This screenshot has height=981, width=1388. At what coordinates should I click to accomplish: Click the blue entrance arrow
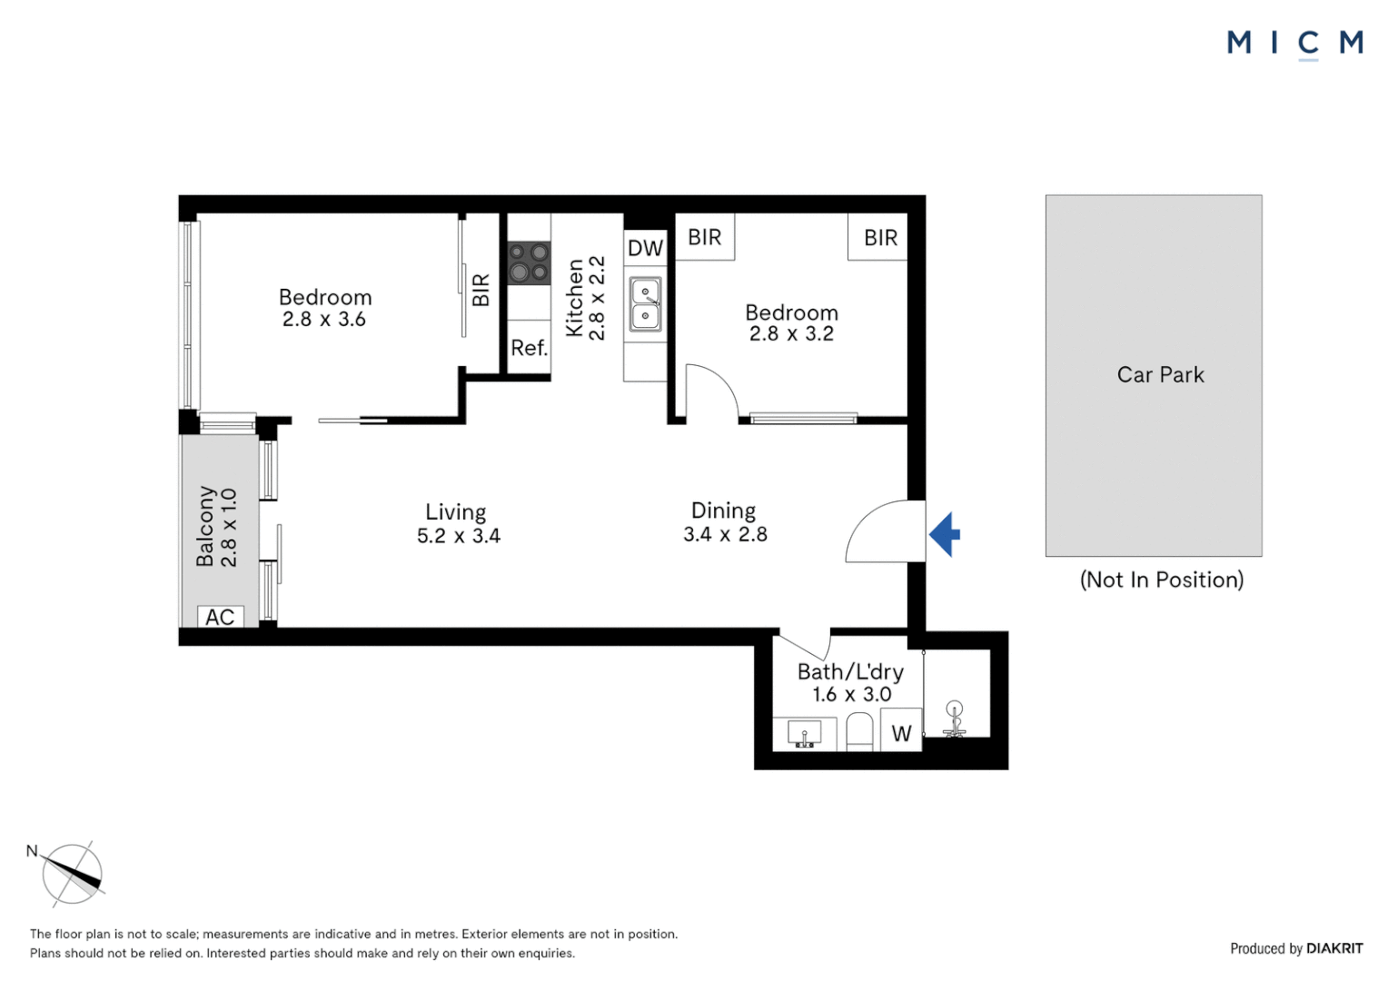[x=945, y=534]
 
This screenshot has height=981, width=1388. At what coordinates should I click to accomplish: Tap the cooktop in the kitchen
[x=529, y=263]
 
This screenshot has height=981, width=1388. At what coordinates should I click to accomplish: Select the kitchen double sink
[x=645, y=304]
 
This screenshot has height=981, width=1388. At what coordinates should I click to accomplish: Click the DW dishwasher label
[x=645, y=248]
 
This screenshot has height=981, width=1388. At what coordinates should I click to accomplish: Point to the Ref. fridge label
[x=529, y=348]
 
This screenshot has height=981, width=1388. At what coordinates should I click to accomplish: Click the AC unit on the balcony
[x=220, y=617]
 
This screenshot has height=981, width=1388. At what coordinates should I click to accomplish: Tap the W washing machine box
[x=901, y=732]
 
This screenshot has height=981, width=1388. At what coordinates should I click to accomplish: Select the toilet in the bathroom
[x=859, y=731]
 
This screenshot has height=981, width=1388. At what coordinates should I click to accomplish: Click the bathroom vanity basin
[x=805, y=733]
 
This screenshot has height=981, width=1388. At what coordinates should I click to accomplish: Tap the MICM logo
[x=1294, y=43]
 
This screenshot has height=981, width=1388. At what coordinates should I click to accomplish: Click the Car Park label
[x=1160, y=375]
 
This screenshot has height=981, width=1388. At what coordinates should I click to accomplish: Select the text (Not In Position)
[x=1161, y=580]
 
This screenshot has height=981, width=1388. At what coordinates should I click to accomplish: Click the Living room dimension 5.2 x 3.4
[x=458, y=536]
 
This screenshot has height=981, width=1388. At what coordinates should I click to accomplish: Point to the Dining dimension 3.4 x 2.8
[x=725, y=534]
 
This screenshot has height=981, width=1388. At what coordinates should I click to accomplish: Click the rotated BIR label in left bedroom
[x=481, y=290]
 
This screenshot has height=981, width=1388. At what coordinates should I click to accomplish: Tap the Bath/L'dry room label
[x=850, y=671]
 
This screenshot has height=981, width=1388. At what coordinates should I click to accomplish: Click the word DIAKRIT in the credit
[x=1334, y=948]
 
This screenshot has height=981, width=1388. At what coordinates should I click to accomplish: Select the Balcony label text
[x=206, y=526]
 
